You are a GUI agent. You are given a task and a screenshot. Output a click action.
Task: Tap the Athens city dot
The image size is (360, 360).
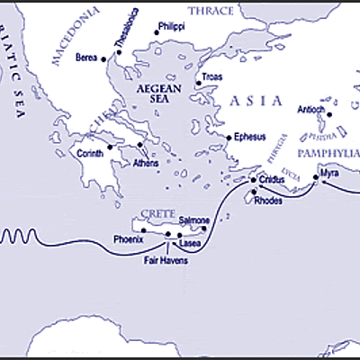tap(139, 144)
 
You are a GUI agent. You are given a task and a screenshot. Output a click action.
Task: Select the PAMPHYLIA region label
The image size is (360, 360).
tap(329, 156)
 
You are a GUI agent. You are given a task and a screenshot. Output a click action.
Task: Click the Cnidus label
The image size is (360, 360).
tap(274, 180)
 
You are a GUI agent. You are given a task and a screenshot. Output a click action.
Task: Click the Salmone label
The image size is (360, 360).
tap(194, 220)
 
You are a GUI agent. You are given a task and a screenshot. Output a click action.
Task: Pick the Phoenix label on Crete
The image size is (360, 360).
tap(129, 239)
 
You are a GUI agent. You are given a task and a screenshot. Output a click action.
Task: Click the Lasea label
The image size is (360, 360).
tap(190, 244)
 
